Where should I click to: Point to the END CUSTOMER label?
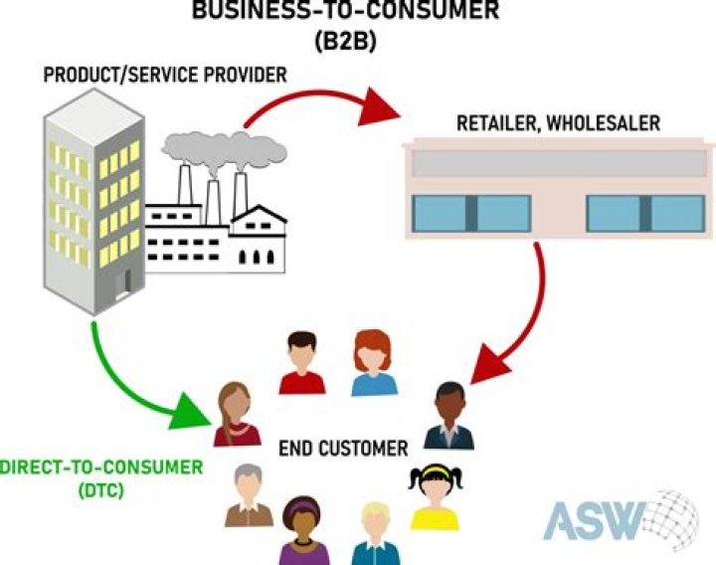point(343,449)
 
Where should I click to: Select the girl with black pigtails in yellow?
point(434,496)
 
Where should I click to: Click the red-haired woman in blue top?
point(374,364)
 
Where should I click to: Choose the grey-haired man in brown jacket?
point(248,495)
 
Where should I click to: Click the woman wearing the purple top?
point(304,529)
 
